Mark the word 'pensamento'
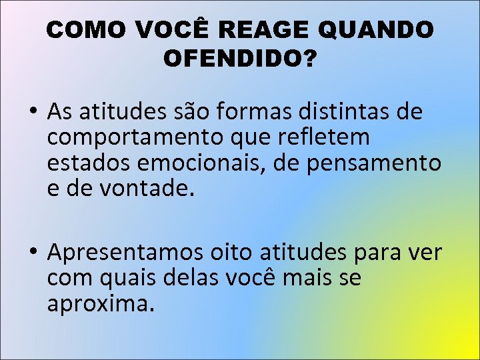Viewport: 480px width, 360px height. pos(374,163)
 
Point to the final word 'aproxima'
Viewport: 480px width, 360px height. pos(99,303)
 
